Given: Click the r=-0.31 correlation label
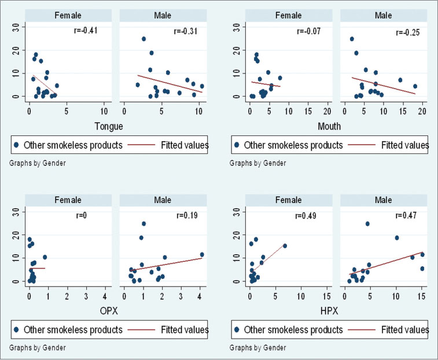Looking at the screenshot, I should pos(187,31).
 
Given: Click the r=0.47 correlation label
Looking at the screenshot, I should pos(407,215).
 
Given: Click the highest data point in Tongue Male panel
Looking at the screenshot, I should pos(143,39).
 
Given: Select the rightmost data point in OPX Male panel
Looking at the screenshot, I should pos(202,254).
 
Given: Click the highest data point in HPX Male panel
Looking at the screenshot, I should pos(367,224).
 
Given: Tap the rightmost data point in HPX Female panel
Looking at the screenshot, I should pos(285,246).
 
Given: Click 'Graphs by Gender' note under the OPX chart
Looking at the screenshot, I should pos(37,348).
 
